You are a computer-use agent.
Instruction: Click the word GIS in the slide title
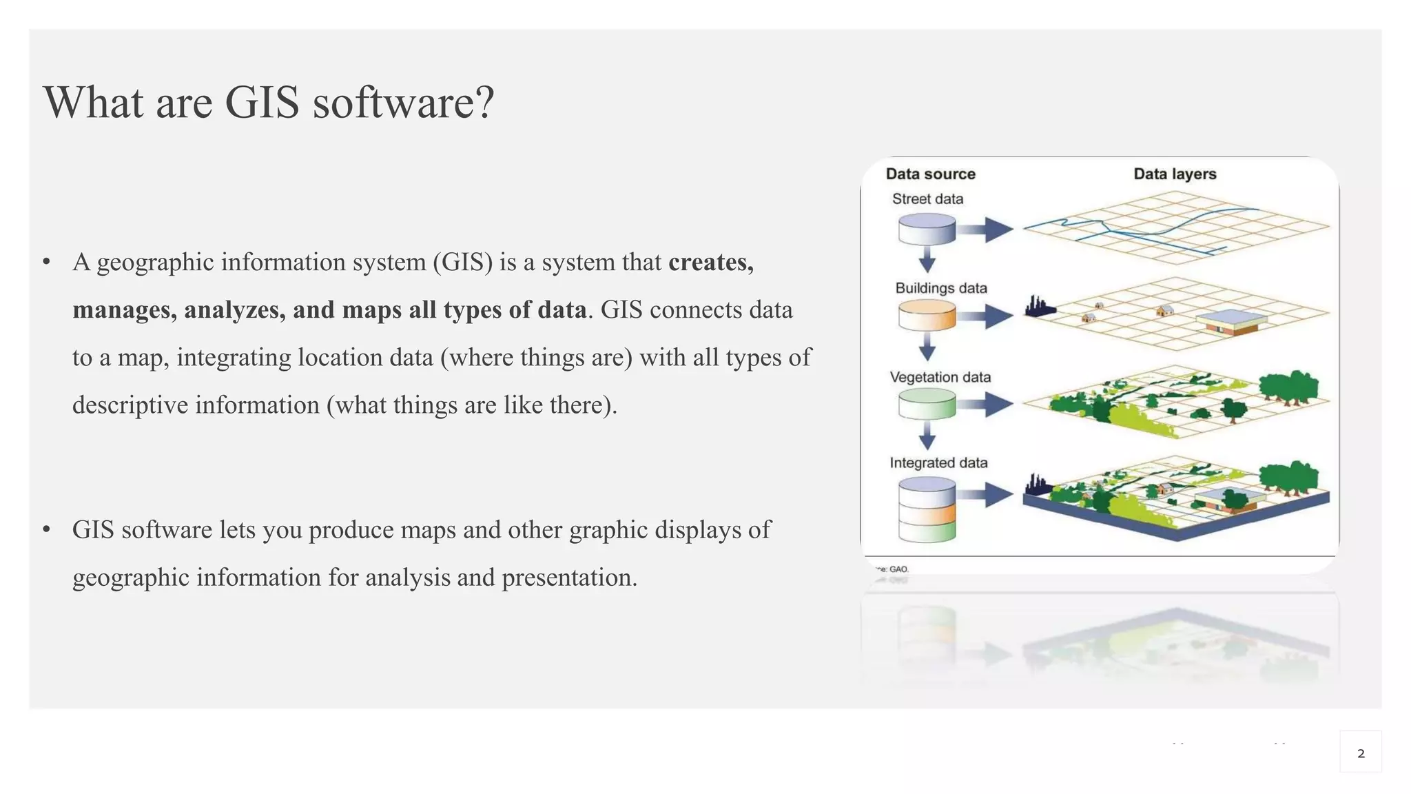pos(262,102)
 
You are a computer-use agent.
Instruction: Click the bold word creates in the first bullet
pos(710,262)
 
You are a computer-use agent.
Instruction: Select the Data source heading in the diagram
pos(930,174)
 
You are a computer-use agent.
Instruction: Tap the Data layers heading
pos(1175,174)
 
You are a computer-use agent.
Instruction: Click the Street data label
pos(927,199)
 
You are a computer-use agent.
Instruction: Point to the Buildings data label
pos(940,288)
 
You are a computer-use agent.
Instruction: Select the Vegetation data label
pos(940,377)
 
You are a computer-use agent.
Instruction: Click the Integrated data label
pos(938,462)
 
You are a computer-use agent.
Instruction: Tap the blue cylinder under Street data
pos(927,229)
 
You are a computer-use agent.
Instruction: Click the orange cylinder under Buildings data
pos(927,316)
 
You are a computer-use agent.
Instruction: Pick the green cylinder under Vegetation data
pos(927,404)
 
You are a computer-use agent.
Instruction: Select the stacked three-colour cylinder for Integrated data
pos(927,510)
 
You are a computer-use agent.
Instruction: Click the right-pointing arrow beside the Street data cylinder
pos(985,229)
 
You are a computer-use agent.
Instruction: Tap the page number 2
pos(1360,753)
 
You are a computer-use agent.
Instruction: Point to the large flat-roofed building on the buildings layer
pos(1230,321)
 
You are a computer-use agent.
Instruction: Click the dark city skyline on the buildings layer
pos(1038,307)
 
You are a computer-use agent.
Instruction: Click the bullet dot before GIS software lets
pos(46,529)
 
